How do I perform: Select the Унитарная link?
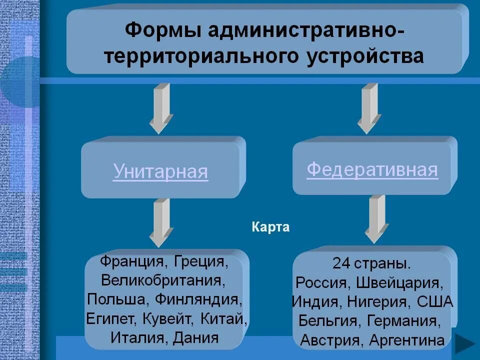pos(160,171)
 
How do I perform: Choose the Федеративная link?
pos(372,169)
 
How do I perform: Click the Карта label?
pos(270,227)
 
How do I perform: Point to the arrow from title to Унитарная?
pos(161,107)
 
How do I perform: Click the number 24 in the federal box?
pos(341,263)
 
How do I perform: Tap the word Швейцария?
pos(399,282)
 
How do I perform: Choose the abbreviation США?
pos(434,301)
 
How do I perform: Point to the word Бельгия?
pos(329,320)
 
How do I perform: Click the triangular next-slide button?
pos(465,345)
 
